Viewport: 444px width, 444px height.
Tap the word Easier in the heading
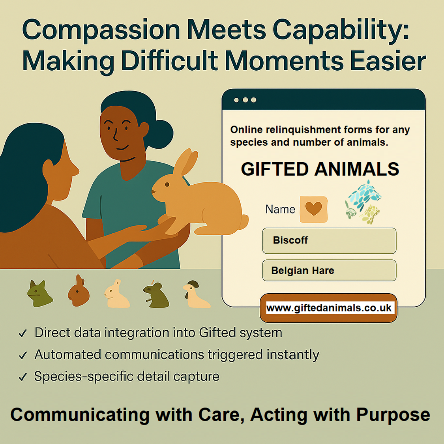(388, 61)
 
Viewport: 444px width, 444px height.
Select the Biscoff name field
(329, 240)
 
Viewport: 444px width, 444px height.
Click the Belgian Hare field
(329, 270)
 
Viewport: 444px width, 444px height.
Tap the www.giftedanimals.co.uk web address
(329, 308)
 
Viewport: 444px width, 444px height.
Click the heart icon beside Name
(313, 209)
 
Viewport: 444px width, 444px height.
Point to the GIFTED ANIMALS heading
(320, 169)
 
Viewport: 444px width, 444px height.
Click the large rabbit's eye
(167, 185)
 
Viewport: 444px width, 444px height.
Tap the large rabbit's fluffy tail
(243, 222)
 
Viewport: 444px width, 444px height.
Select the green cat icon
(39, 294)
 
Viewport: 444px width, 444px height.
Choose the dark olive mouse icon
(157, 295)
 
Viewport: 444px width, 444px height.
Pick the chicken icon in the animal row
(196, 294)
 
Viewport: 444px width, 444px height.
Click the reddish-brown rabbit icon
(79, 291)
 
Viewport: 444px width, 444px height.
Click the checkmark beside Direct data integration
(22, 333)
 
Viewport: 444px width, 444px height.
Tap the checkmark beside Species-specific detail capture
(22, 377)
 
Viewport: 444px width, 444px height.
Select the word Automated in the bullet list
(67, 354)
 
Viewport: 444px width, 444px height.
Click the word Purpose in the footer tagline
(393, 415)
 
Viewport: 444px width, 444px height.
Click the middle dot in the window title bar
(245, 100)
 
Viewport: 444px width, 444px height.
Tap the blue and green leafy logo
(363, 202)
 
